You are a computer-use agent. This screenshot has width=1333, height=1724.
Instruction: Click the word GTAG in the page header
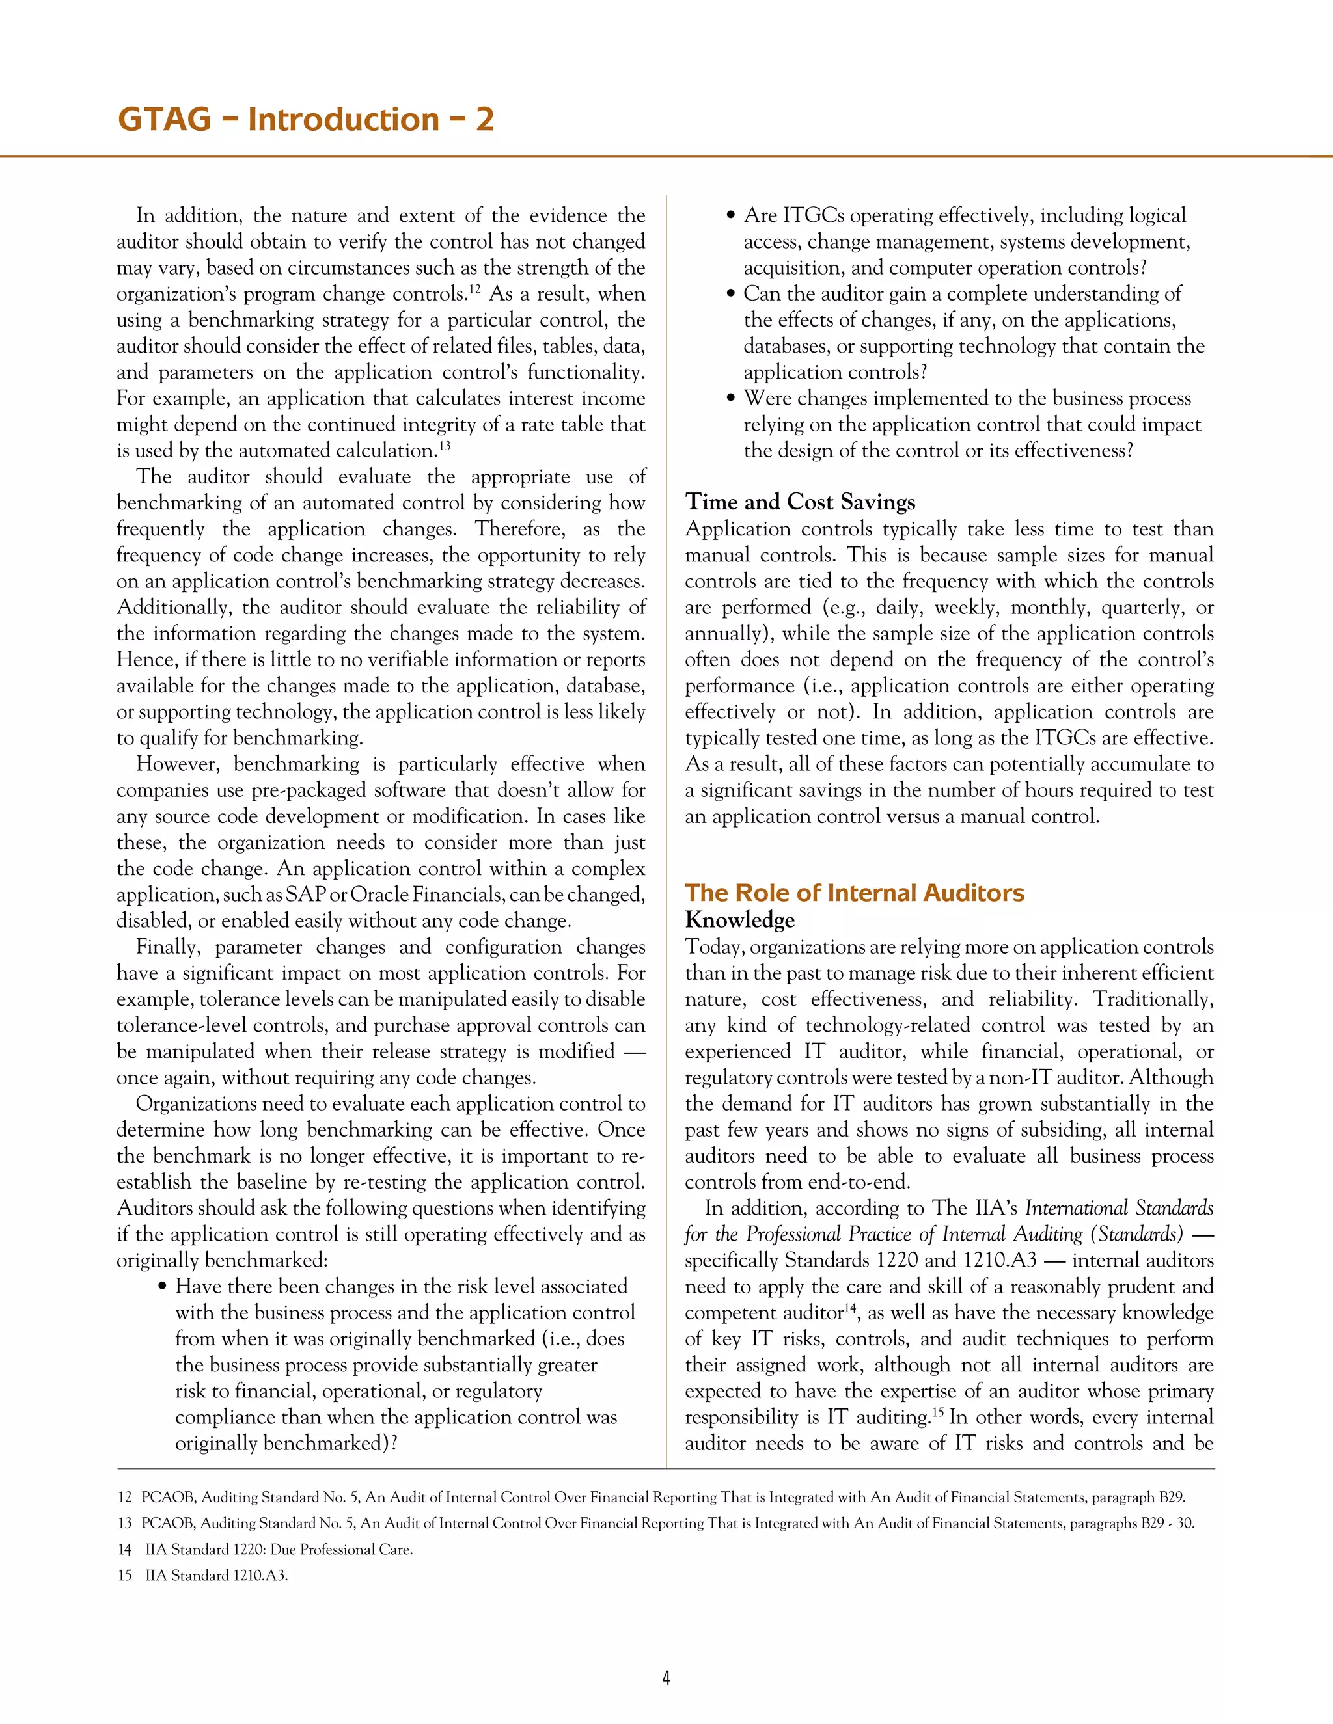tap(164, 120)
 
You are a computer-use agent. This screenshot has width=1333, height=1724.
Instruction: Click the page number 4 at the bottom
tap(666, 1679)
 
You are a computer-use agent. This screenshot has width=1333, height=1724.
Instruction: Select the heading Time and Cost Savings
tap(800, 502)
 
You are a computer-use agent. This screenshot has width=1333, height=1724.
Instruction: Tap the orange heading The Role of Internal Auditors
tap(854, 893)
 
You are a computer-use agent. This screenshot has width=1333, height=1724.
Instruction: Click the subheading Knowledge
tap(739, 920)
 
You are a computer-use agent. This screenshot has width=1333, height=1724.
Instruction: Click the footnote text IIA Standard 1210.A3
tap(215, 1576)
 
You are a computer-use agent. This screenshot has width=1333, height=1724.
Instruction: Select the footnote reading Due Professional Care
tap(341, 1550)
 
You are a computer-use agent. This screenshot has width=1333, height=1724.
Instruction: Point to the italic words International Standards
tap(1118, 1209)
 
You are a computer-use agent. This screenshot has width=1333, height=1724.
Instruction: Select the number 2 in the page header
tap(484, 120)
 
